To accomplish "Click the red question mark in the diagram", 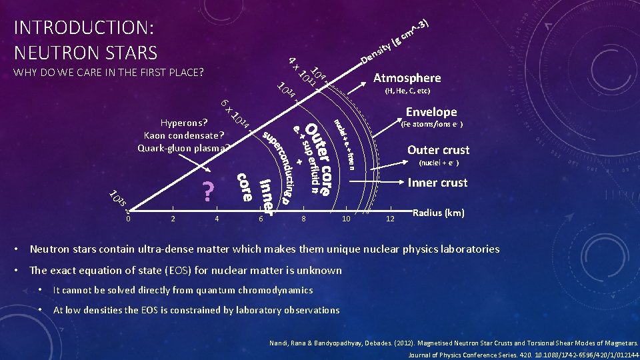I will coord(208,191).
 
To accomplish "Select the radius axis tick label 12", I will coord(390,218).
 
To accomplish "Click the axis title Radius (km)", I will coord(439,213).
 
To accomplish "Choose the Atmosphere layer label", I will coord(407,77).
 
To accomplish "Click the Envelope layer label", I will coord(432,112).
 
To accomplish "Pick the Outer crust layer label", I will coord(438,150).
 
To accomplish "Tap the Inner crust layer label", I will coord(437,182).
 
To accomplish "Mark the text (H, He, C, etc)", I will coord(407,91).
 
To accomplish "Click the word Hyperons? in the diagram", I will coord(184,123).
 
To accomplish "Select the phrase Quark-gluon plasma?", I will coord(183,148).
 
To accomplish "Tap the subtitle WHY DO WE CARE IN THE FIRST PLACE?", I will coord(109,72).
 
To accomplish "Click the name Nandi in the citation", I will coord(275,344).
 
